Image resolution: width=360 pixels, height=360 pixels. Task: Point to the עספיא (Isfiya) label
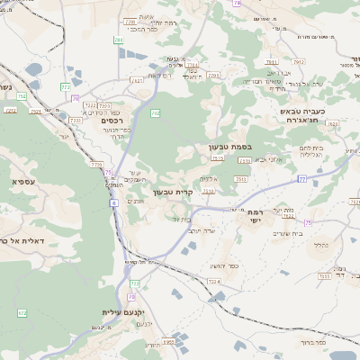click(23, 182)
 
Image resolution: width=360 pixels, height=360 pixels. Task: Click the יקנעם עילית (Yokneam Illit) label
click(112, 311)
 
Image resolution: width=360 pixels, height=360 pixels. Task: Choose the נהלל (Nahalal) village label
click(319, 243)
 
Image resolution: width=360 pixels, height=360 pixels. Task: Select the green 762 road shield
click(155, 113)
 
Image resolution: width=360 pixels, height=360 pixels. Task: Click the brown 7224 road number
click(213, 282)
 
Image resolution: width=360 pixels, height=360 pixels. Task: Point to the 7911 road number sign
click(239, 179)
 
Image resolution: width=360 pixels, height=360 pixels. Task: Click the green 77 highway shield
click(302, 179)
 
